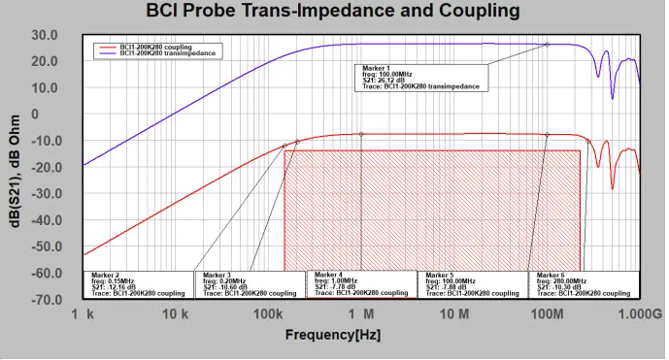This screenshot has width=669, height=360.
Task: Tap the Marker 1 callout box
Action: pos(421,78)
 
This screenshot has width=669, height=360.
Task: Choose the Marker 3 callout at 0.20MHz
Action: pos(250,282)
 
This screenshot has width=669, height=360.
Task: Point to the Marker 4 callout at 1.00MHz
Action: pos(361,282)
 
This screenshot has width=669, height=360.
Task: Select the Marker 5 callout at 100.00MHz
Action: pos(473,282)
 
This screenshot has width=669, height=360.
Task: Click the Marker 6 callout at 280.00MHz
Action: pos(585,282)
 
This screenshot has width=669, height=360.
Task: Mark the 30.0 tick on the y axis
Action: pos(45,35)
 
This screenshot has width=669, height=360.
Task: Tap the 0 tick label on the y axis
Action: pos(60,115)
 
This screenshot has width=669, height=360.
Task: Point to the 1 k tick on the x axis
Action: pos(83,315)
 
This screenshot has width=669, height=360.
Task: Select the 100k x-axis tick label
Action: pos(267,315)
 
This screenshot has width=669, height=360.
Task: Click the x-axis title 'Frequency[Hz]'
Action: pos(333,335)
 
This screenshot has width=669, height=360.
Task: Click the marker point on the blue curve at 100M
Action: pos(547,45)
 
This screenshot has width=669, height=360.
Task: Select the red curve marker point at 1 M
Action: pos(361,134)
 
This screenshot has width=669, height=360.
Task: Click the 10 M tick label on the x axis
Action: pos(453,315)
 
